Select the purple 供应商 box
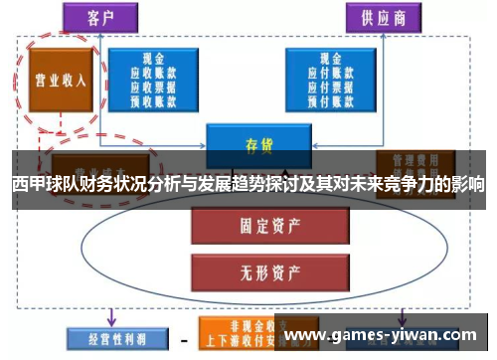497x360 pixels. coord(383,18)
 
